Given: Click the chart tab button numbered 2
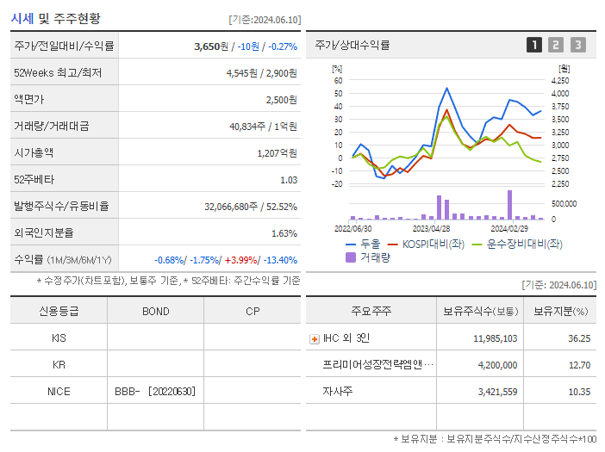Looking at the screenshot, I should click(x=556, y=45).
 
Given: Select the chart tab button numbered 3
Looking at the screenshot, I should click(x=577, y=45).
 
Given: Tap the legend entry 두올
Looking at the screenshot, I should click(x=363, y=244).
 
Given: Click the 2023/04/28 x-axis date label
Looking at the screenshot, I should click(x=431, y=228).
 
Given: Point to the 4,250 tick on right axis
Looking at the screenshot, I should click(x=559, y=80).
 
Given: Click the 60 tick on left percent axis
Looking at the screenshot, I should click(x=339, y=80).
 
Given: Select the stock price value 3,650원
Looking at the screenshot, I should click(x=212, y=46).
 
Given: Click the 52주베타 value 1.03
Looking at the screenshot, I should click(x=288, y=180).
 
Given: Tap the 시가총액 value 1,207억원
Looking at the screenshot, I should click(x=277, y=153).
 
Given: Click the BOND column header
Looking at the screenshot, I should click(x=155, y=311).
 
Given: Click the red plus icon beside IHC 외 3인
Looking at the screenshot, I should click(x=314, y=339).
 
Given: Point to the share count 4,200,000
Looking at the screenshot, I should click(x=495, y=364).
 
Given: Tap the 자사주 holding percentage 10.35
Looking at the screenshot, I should click(x=579, y=391).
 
